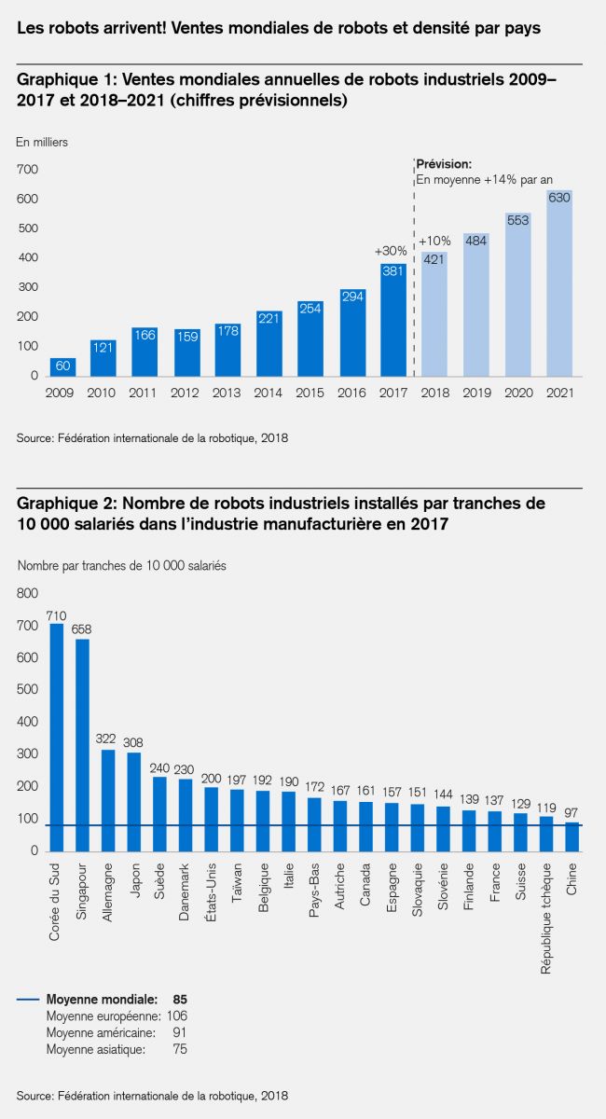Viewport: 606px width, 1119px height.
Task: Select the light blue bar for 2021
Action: coord(559,284)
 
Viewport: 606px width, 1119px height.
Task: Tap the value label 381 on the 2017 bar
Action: coord(393,271)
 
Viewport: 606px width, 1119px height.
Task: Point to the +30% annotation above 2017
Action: coord(391,251)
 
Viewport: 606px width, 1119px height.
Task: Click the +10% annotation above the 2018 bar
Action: coord(434,240)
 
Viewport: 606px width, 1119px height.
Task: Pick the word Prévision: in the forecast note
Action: coord(444,163)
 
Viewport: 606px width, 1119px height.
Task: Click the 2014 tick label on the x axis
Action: coord(269,394)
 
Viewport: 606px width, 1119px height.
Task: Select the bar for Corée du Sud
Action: coord(56,737)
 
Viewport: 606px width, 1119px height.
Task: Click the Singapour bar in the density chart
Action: coord(82,745)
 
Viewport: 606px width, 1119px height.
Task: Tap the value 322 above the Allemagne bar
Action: coord(108,739)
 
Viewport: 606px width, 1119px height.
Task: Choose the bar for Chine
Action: coord(572,836)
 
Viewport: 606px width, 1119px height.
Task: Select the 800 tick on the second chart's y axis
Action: coord(28,593)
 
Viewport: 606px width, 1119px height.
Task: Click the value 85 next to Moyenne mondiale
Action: coord(180,999)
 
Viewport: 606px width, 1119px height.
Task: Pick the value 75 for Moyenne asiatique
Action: coord(180,1050)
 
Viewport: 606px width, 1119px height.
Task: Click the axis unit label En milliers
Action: coord(42,142)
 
